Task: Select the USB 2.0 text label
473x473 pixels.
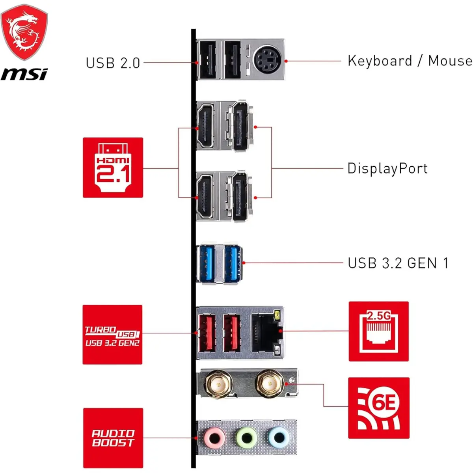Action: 113,63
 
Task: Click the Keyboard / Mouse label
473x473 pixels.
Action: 410,61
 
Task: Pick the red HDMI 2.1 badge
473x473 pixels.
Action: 113,168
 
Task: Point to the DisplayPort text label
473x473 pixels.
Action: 387,168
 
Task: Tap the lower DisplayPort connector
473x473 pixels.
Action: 240,197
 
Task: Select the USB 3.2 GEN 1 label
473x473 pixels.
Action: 398,263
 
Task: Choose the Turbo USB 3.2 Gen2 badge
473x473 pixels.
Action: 112,334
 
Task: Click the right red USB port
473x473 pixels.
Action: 232,333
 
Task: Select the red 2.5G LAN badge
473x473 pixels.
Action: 378,331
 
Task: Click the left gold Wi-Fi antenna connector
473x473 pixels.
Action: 218,383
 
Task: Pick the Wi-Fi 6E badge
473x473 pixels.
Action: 378,408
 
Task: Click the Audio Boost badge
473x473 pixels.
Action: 113,438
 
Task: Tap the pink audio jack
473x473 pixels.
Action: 215,437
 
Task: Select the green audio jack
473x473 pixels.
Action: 246,437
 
